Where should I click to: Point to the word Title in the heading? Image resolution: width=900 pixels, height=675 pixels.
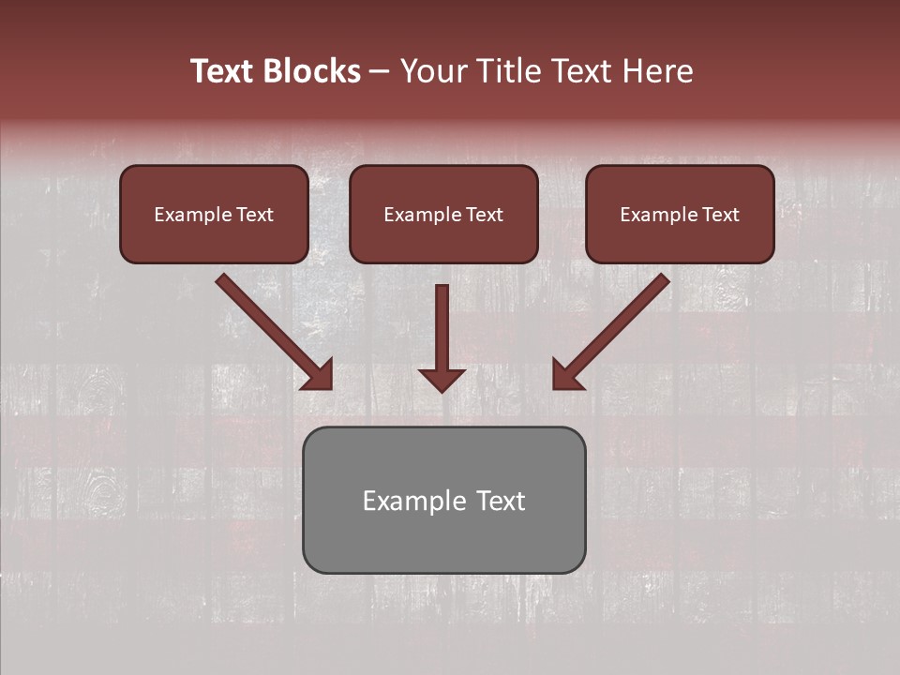click(505, 71)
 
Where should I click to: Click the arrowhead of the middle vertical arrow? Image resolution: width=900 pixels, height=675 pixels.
click(442, 379)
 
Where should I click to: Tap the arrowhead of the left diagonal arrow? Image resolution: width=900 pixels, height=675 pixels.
click(319, 375)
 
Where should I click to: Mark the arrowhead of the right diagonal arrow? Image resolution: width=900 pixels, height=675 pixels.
click(565, 375)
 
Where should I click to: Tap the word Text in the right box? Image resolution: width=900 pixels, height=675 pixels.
click(720, 215)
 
